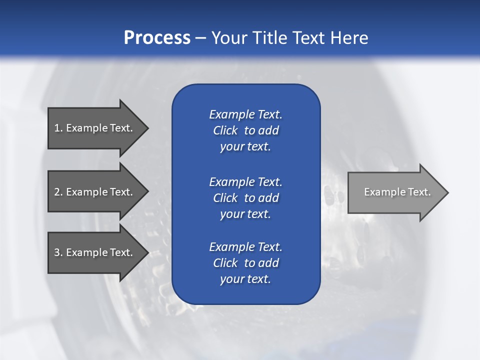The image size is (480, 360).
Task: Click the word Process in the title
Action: (x=157, y=38)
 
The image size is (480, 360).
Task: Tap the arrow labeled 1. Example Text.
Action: (x=95, y=128)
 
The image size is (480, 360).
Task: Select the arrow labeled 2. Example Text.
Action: (x=95, y=192)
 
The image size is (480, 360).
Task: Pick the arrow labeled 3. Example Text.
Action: (x=95, y=252)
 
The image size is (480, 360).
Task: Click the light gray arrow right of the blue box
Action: (x=395, y=192)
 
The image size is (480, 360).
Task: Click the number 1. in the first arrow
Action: (x=58, y=128)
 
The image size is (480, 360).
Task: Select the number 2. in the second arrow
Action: (x=58, y=192)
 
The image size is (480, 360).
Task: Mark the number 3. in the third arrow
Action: (x=58, y=252)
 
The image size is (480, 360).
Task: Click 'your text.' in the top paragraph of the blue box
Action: (x=245, y=146)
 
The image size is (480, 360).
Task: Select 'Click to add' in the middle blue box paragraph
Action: (x=245, y=198)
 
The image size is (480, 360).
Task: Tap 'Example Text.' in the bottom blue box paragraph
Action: (x=245, y=247)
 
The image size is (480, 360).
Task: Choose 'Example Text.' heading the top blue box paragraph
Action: (x=245, y=114)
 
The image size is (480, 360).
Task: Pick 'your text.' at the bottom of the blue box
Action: (x=245, y=279)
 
